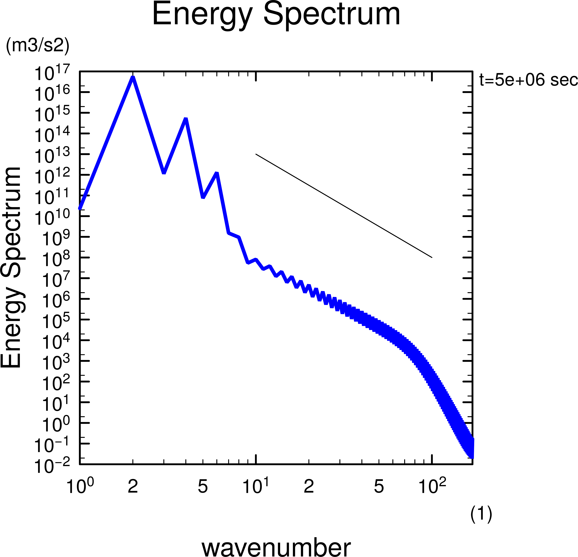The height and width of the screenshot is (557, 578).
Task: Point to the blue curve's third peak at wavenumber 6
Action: [217, 173]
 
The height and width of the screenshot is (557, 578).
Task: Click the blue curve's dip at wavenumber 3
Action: [164, 173]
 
